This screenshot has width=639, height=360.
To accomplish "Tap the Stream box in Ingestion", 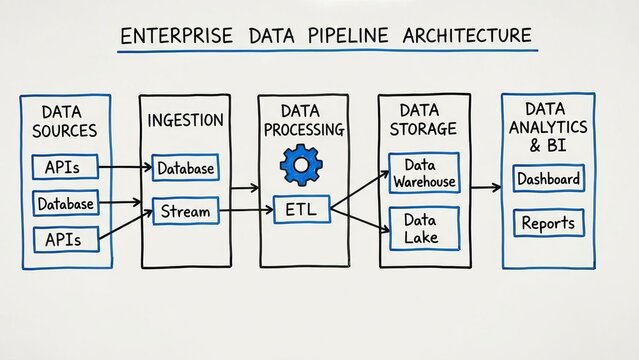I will [184, 211].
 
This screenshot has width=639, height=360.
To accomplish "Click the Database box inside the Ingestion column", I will [184, 168].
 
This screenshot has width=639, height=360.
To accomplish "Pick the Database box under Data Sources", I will [66, 204].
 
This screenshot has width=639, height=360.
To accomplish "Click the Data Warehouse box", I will [423, 172].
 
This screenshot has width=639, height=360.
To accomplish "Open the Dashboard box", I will [548, 180].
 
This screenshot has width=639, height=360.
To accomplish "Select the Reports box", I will [548, 222].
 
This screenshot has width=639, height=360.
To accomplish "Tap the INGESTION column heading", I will [184, 121].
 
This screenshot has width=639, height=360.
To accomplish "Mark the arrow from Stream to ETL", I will [244, 211].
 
